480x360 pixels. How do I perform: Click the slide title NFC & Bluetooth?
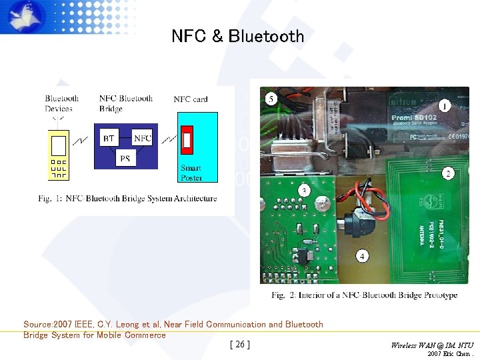click(237, 36)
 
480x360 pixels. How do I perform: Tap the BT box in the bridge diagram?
click(109, 138)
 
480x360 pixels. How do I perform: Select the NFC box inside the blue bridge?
click(142, 138)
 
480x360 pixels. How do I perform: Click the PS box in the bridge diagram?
click(125, 159)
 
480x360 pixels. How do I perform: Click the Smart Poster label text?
click(191, 173)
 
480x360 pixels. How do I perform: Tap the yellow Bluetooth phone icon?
click(59, 155)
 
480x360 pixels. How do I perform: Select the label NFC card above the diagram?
click(191, 99)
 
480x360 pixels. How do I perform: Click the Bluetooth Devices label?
click(61, 103)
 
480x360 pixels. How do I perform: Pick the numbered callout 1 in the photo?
click(444, 105)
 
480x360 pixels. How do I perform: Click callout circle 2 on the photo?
click(448, 173)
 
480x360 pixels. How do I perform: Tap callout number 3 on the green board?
click(304, 191)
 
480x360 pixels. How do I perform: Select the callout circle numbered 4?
click(362, 256)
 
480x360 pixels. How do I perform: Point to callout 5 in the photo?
click(271, 99)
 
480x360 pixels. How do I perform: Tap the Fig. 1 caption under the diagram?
click(127, 198)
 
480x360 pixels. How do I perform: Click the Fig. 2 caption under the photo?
click(364, 295)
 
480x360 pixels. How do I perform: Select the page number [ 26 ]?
click(239, 345)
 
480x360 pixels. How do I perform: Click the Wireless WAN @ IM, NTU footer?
click(433, 345)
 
